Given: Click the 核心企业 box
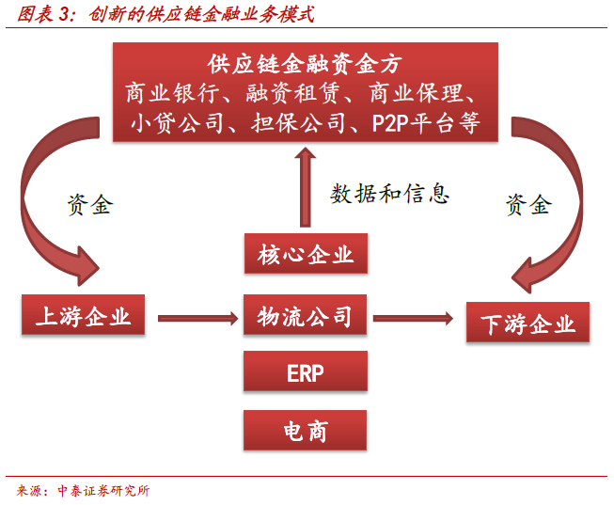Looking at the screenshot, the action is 306,254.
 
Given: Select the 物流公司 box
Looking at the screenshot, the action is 305,315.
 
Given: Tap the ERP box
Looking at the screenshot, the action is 306,371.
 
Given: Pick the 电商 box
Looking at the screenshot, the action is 305,430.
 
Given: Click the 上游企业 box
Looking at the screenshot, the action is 83,315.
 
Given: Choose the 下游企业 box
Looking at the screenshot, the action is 527,322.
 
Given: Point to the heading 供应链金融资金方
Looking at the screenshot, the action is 305,64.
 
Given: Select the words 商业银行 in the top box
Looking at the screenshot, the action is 172,93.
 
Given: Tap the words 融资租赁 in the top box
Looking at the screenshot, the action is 292,93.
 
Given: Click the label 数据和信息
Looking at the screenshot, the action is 389,194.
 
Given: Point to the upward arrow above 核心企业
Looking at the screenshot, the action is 306,187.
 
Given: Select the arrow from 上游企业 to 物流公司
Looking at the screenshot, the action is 198,318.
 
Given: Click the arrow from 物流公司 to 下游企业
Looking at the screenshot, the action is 413,318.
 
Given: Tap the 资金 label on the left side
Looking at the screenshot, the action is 90,204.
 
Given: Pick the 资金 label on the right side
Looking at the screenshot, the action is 529,204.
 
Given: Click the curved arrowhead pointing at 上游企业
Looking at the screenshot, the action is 87,266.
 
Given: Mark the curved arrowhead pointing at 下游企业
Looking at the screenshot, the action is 524,276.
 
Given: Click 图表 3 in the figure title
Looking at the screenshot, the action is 42,14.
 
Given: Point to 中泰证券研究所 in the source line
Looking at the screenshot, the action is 103,491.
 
